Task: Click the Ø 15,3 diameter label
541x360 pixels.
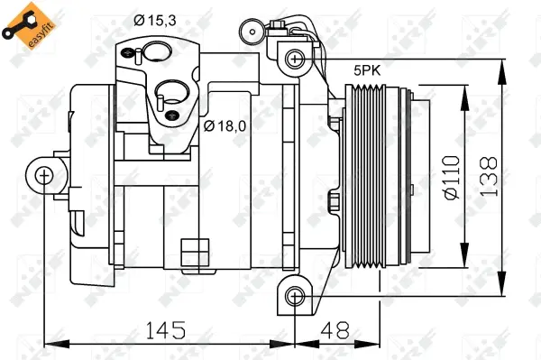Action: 155,19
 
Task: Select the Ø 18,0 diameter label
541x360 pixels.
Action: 225,125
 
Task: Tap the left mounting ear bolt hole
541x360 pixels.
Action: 45,175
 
